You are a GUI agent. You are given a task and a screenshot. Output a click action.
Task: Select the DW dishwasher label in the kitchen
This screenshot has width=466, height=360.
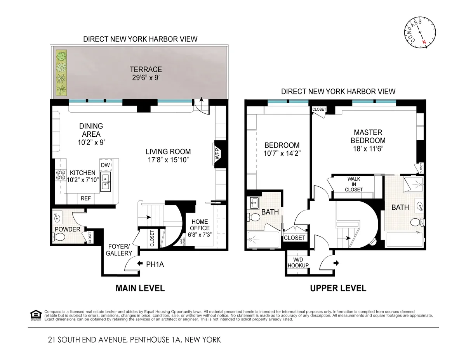coord(105,165)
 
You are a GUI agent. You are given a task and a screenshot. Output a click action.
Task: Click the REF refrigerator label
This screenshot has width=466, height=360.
coord(85,198)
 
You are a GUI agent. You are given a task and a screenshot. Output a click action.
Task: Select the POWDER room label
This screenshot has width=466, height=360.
coord(67,229)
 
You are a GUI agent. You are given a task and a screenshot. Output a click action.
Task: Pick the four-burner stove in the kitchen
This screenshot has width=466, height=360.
coord(61,175)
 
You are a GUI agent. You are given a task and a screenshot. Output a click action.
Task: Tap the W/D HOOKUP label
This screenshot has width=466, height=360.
coord(298,263)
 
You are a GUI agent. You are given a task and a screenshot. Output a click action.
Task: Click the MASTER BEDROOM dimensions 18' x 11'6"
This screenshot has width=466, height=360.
coord(368,148)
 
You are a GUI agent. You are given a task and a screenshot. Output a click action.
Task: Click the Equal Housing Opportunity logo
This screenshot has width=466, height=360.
coord(35,315)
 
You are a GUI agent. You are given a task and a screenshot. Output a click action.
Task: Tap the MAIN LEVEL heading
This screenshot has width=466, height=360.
coord(140,288)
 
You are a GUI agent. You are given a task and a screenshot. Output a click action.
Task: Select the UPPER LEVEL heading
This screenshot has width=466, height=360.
coord(337,288)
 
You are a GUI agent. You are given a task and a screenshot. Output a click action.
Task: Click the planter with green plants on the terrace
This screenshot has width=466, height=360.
coord(61,73)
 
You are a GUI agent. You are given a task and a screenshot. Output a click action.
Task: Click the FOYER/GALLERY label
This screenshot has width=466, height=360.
coord(119,249)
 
